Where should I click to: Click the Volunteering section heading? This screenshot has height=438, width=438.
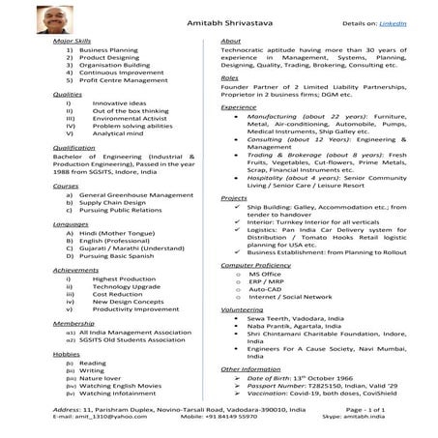242,308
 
